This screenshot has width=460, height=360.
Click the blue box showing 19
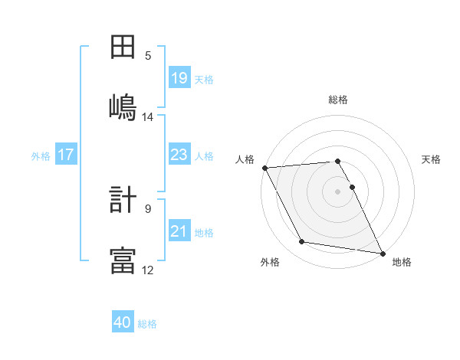coord(179,78)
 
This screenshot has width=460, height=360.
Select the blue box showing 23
coord(179,155)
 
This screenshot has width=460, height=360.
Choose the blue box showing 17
coord(66,155)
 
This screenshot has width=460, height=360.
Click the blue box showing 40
coord(123,323)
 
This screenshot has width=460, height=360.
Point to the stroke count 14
coord(148,117)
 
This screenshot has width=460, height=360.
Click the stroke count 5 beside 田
coord(148,55)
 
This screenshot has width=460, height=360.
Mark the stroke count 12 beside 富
coord(148,270)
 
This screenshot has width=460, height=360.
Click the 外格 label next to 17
coord(41,155)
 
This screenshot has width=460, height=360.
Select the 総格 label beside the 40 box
coord(147,324)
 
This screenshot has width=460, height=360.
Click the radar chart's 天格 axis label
coord(432,159)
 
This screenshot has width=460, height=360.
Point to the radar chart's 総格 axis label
coord(338,100)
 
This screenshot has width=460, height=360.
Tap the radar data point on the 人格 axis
coord(264,168)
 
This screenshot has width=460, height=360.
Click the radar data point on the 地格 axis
coord(382,253)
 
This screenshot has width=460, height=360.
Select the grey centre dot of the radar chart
coord(338,191)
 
